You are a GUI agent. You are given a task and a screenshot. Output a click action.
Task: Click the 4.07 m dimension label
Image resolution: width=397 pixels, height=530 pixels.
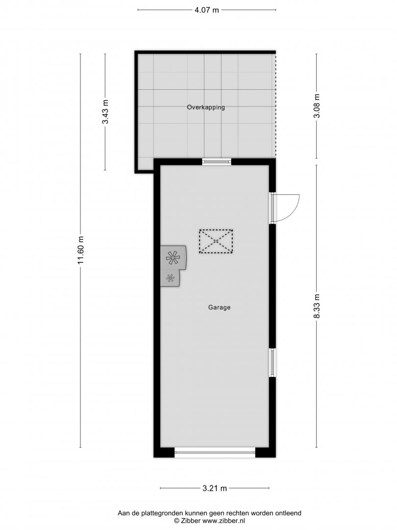[207, 10]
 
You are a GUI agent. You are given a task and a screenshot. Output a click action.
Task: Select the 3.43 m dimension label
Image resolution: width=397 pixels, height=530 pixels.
[105, 112]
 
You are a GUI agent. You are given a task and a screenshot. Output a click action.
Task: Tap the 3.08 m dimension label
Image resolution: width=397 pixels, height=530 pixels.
[317, 106]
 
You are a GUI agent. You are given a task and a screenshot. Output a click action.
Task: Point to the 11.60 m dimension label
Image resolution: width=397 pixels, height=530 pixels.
[80, 250]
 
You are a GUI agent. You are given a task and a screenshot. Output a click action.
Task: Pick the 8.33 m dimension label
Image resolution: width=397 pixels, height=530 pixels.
[317, 306]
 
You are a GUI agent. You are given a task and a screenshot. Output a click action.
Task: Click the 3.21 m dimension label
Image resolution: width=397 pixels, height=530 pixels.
[215, 488]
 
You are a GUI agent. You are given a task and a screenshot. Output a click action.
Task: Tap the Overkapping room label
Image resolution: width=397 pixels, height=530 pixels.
[206, 107]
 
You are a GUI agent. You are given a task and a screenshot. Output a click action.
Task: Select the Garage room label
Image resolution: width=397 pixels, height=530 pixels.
[219, 308]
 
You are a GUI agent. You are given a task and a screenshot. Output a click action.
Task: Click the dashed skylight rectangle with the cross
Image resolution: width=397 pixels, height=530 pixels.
[216, 241]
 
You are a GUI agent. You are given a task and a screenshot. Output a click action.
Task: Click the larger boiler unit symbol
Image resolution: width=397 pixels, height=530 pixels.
[173, 258]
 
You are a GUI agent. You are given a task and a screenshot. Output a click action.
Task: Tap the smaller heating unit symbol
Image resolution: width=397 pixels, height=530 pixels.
[170, 278]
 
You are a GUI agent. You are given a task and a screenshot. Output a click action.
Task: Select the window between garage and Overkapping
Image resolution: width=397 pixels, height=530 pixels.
[217, 162]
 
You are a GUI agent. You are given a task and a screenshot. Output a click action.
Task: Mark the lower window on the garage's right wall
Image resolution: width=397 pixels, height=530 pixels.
[272, 363]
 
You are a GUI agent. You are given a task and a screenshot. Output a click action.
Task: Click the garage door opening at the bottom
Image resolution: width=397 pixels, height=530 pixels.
[215, 452]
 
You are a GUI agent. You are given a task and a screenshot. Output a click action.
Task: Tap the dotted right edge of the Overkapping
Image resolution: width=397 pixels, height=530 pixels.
[276, 106]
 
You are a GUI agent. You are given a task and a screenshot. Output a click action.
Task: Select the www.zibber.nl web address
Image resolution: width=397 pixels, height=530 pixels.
[224, 521]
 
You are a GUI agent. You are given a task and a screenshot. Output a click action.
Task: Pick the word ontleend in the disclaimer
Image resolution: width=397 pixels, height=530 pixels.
[288, 513]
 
